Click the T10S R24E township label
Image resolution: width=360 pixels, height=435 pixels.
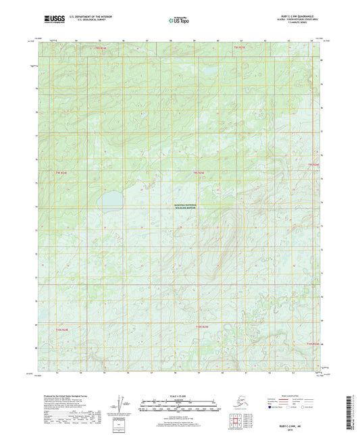point(62,330)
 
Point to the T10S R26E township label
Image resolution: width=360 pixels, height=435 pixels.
point(311,344)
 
